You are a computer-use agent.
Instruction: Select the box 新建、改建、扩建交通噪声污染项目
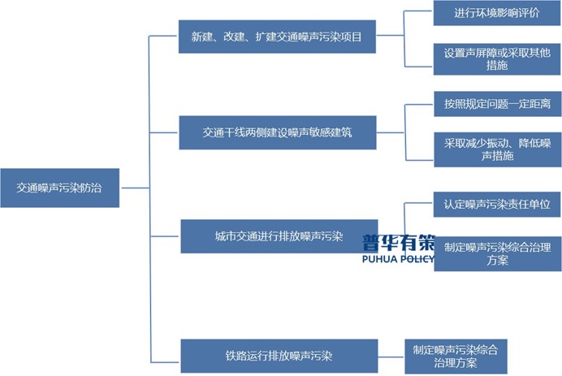pyautogui.click(x=277, y=37)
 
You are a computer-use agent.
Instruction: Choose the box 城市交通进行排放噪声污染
pyautogui.click(x=279, y=237)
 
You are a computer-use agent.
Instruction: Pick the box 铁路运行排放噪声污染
pyautogui.click(x=279, y=356)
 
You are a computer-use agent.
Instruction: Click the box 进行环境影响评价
pyautogui.click(x=496, y=13)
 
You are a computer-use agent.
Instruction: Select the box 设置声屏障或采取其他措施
pyautogui.click(x=496, y=58)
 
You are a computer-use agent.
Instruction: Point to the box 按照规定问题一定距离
pyautogui.click(x=496, y=105)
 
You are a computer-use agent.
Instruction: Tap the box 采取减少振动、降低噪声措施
pyautogui.click(x=496, y=149)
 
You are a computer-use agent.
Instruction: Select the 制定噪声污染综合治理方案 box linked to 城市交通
pyautogui.click(x=496, y=254)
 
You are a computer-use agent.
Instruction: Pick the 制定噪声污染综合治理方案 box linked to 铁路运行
pyautogui.click(x=455, y=356)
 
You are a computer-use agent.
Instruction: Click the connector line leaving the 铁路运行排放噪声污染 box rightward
pyautogui.click(x=391, y=355)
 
